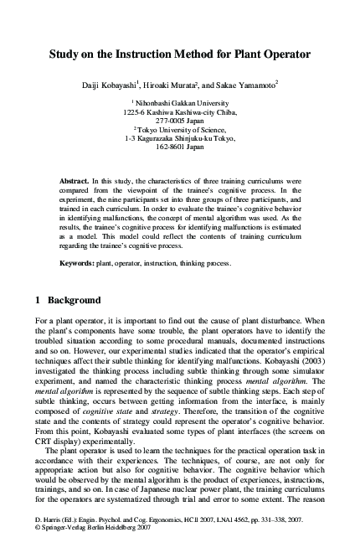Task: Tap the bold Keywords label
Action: click(77, 262)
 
